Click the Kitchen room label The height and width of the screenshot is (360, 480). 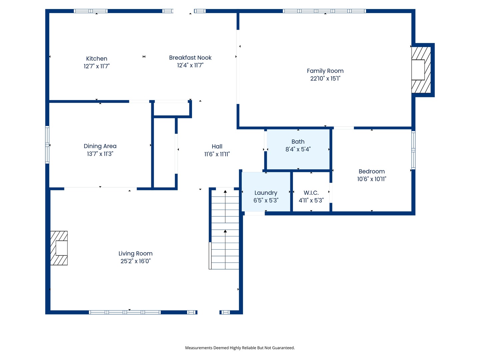click(x=97, y=59)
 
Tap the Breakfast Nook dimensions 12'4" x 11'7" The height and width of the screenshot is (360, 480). click(x=190, y=65)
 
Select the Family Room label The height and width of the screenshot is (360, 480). click(x=325, y=71)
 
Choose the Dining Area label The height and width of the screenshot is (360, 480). click(x=100, y=146)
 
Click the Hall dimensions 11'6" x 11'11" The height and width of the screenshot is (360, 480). click(x=217, y=154)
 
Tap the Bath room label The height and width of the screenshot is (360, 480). click(x=298, y=142)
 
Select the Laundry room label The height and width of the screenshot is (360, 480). click(x=266, y=193)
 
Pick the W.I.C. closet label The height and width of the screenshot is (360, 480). click(x=311, y=193)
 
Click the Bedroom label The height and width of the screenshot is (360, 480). click(x=372, y=171)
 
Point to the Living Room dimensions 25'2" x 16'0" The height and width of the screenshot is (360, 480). click(x=135, y=261)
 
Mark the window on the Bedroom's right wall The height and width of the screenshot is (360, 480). click(x=413, y=150)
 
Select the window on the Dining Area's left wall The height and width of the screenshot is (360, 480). click(x=47, y=145)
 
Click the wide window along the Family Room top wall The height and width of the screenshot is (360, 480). click(x=324, y=11)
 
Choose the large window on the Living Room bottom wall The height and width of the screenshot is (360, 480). click(x=125, y=312)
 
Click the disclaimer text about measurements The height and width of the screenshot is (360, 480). click(x=240, y=348)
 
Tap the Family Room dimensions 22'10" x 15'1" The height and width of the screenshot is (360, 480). click(x=325, y=79)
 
